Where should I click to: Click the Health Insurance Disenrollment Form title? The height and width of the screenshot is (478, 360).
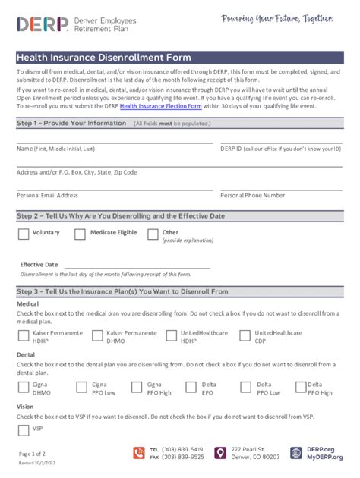tap(104, 57)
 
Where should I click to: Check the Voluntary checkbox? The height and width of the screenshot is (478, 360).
tap(24, 234)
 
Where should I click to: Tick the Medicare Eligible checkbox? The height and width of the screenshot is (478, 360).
tap(80, 234)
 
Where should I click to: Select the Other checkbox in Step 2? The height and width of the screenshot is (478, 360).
tap(153, 234)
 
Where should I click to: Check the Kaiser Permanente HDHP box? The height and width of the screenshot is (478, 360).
tap(24, 335)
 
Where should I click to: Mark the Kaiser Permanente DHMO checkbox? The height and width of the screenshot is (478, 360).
tap(97, 335)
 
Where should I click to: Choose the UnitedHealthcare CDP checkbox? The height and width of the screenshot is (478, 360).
tap(245, 335)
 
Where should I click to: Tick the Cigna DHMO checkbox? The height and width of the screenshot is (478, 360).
tap(24, 388)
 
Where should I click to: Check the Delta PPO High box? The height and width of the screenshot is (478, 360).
tap(297, 388)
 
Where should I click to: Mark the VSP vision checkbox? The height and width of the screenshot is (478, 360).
tap(24, 430)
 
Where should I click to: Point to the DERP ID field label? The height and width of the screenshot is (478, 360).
tap(280, 149)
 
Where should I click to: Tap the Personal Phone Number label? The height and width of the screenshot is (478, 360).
tap(252, 195)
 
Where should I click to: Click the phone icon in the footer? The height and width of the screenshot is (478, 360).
tap(139, 453)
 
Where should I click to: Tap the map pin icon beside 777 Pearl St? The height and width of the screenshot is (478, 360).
tap(220, 453)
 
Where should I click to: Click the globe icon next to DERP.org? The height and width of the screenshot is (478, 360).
tap(296, 453)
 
